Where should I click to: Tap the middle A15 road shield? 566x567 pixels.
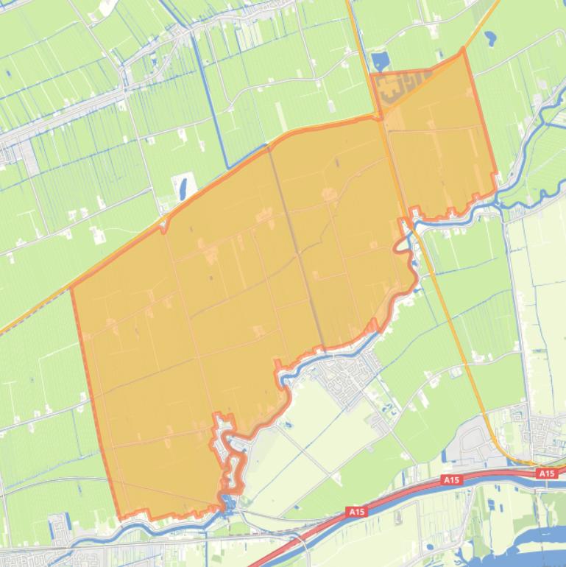(451, 480)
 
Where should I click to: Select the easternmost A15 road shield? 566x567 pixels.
(546, 473)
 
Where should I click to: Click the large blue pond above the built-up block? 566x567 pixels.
(381, 62)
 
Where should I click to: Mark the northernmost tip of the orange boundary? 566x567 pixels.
(463, 49)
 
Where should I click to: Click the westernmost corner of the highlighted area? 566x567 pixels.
(71, 289)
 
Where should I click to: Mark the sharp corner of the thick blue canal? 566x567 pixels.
(225, 168)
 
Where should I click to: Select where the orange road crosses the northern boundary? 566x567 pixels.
(380, 116)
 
